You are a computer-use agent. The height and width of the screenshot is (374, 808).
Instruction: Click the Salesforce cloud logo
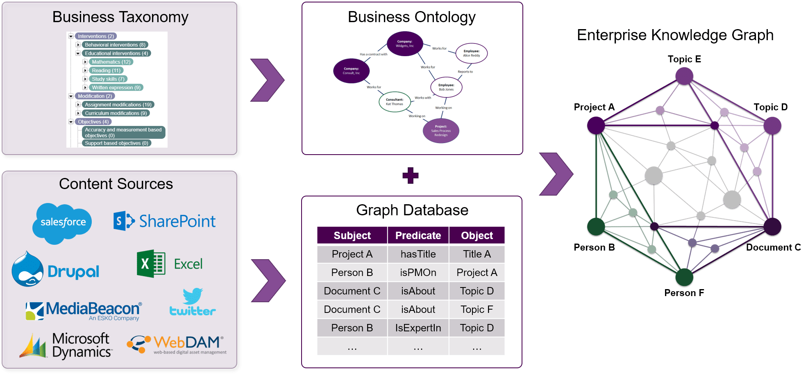coord(62,223)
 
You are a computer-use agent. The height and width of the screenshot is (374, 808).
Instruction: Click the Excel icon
coord(151,264)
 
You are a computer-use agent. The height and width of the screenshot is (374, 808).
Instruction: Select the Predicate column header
coord(418,235)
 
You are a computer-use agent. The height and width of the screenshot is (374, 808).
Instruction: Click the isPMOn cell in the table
coord(418,273)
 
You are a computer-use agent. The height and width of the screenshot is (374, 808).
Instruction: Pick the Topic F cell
coord(477,310)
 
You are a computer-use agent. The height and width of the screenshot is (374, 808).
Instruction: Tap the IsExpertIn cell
coord(418,328)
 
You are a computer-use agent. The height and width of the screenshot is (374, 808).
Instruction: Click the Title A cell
coord(477,254)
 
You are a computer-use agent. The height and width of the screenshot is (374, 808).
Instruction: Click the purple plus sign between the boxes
coord(410,176)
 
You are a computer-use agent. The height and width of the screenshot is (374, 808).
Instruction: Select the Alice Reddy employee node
coord(471,53)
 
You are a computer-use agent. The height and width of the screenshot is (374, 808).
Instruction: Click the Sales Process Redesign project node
coord(441,131)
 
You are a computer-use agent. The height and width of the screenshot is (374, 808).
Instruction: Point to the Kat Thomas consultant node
coord(395,102)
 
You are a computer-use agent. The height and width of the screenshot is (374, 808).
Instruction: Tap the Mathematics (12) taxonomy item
coord(111,62)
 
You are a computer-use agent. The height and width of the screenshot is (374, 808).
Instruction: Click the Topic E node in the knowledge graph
coord(684,76)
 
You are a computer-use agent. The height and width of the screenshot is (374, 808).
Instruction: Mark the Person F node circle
coord(684,278)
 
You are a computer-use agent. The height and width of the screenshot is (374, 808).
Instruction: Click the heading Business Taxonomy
coord(120,17)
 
